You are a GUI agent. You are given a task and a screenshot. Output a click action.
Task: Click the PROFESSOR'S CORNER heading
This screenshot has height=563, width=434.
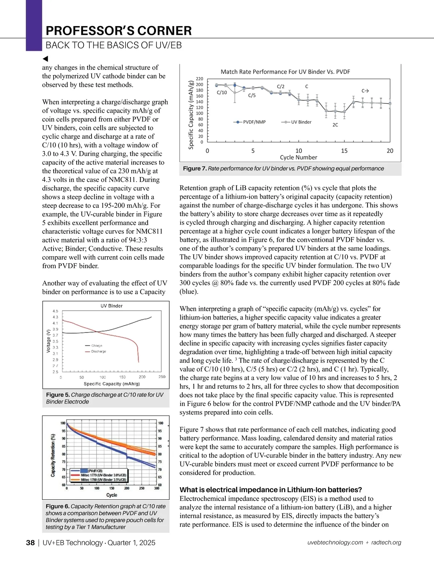click(x=119, y=31)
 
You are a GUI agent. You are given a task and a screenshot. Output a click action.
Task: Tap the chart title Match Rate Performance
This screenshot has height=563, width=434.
click(x=285, y=72)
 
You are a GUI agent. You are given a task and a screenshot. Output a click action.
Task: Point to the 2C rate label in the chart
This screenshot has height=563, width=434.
click(x=335, y=125)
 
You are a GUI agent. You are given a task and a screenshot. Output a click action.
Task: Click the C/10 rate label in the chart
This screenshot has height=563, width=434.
click(x=222, y=93)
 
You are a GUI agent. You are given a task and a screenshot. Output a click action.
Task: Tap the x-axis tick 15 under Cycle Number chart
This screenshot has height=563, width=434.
click(x=344, y=151)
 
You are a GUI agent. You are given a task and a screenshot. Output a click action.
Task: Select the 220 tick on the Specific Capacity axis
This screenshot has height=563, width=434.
click(x=200, y=79)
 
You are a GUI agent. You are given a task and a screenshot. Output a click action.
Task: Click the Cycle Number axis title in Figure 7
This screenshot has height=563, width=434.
click(x=298, y=158)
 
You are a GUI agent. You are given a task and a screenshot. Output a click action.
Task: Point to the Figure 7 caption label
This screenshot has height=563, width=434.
click(x=195, y=169)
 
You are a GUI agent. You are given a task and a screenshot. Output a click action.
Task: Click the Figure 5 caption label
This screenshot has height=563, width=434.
click(x=58, y=395)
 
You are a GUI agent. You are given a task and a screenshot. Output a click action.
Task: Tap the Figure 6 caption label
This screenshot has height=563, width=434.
click(x=58, y=507)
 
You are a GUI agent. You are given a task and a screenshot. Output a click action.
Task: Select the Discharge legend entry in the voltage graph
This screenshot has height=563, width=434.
click(x=98, y=351)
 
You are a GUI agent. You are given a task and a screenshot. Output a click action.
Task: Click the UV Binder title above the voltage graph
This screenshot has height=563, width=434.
click(x=111, y=306)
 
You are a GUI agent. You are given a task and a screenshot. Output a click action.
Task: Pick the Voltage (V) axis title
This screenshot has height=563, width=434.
click(x=49, y=341)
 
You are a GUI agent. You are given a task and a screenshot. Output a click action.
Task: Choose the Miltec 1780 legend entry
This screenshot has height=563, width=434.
click(x=103, y=480)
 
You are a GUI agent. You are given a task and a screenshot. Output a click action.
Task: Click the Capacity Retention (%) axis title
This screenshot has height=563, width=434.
click(x=53, y=455)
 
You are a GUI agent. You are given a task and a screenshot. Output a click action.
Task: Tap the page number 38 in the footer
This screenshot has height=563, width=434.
click(x=30, y=543)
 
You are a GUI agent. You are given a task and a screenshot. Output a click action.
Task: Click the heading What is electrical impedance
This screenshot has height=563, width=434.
click(x=271, y=490)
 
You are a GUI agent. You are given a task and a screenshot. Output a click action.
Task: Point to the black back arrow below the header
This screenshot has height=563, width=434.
click(x=45, y=59)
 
